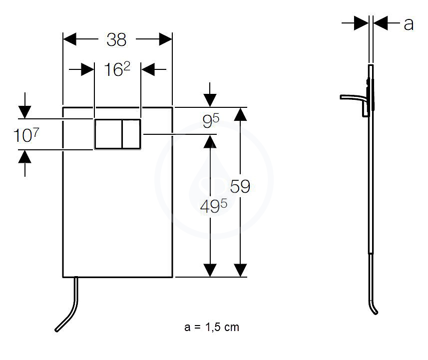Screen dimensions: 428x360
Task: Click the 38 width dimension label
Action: point(116,39)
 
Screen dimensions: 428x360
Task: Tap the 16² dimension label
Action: point(117,69)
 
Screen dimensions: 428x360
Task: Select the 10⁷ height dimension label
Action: point(26,135)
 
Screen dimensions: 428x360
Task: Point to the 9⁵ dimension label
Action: point(211,121)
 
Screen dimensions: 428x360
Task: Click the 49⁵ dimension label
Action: point(213,206)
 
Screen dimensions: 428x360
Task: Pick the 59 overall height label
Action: point(240,186)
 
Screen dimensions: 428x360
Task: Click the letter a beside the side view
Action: point(409,24)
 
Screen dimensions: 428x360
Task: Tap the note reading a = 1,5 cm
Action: point(212,327)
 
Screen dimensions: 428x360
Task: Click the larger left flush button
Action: point(108,134)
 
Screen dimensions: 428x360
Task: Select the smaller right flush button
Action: point(131,134)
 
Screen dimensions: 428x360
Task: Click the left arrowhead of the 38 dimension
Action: point(69,39)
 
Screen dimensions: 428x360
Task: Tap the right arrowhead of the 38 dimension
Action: point(166,39)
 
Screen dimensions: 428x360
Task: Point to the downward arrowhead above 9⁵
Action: point(210,100)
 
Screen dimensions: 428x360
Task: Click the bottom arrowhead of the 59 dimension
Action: point(241,270)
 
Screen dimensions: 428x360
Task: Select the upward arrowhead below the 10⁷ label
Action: point(25,157)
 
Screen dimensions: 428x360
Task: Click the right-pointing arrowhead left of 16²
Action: point(88,69)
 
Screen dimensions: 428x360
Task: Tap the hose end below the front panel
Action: point(57,330)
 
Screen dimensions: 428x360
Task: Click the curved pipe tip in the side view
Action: point(376,313)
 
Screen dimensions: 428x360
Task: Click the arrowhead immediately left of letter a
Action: point(362,23)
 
